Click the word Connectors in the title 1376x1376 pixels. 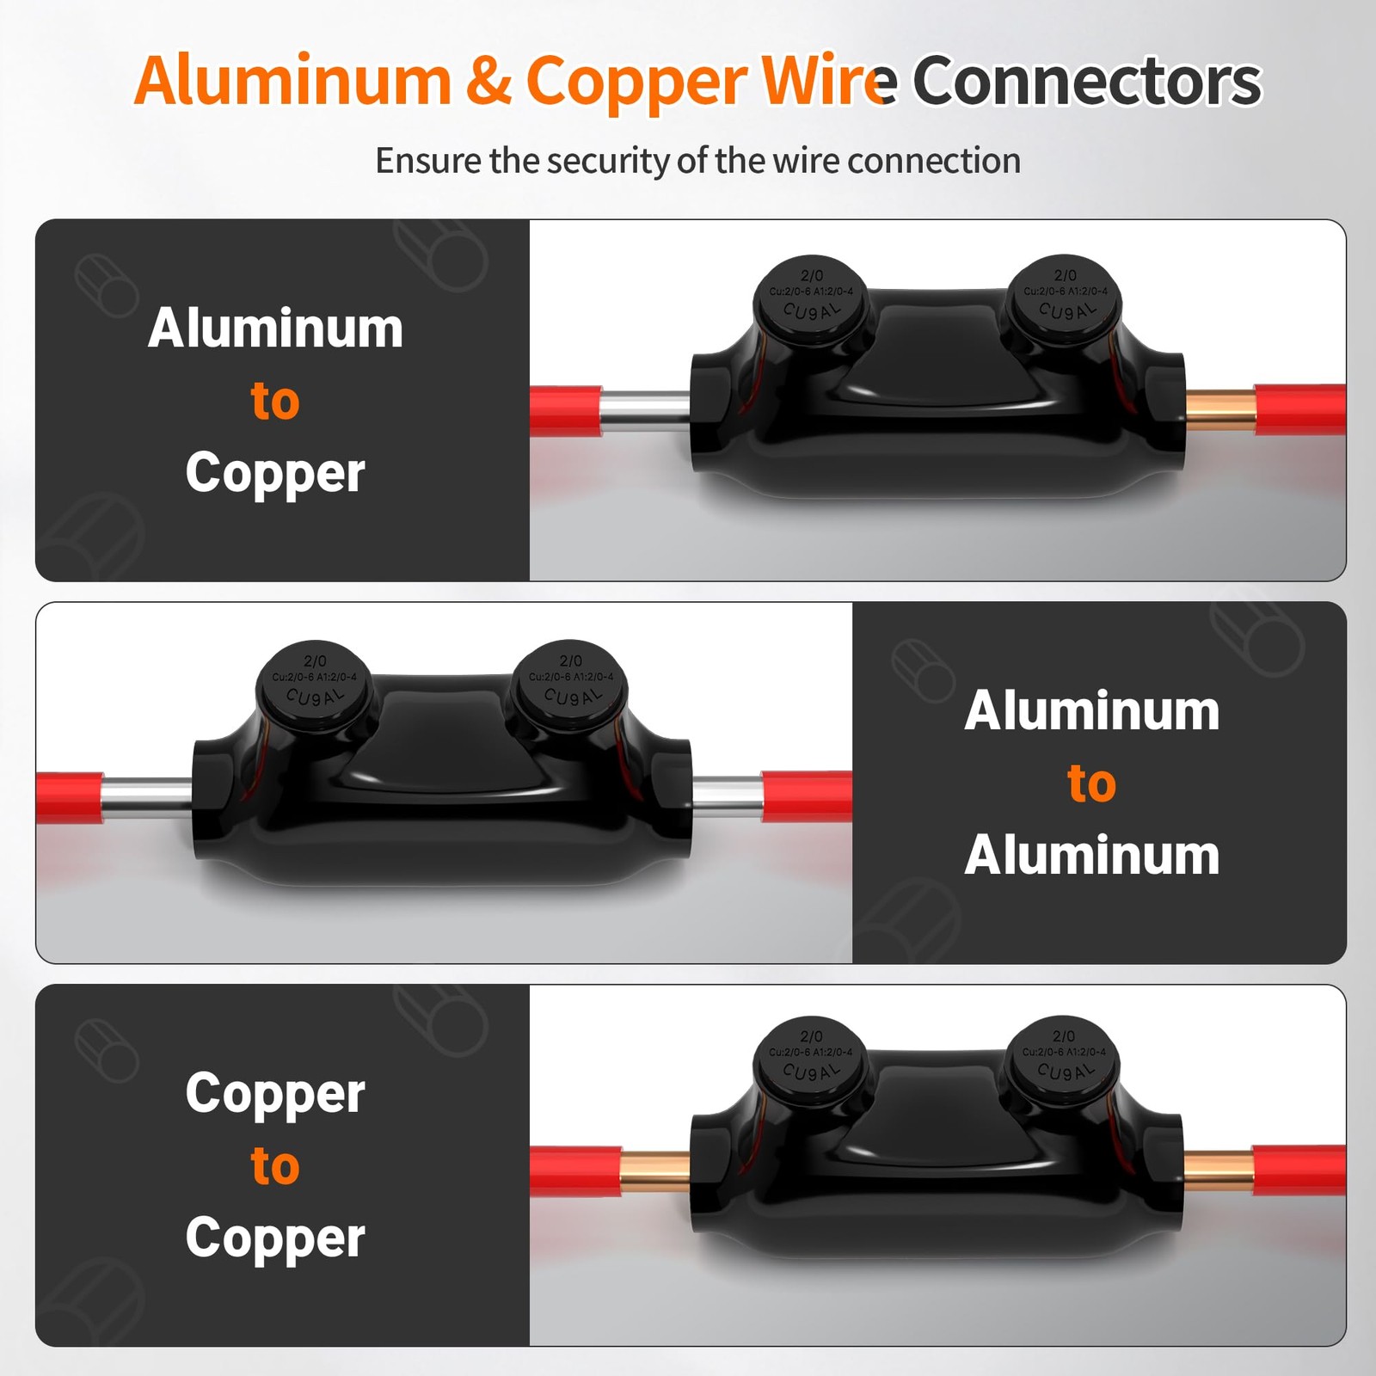coord(1086,82)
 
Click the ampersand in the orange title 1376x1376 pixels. coord(488,82)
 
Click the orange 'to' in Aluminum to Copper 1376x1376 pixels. coord(275,401)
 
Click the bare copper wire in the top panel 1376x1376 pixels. coord(1219,410)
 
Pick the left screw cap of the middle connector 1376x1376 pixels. coord(315,685)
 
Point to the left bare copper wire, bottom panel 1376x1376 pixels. coord(654,1170)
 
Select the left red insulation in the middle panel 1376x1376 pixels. coord(69,797)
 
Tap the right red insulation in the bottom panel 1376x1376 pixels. coord(1299,1170)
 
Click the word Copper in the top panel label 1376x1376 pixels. coord(275,473)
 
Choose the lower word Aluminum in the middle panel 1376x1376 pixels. coord(1091,856)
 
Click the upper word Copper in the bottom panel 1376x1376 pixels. coord(275,1093)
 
